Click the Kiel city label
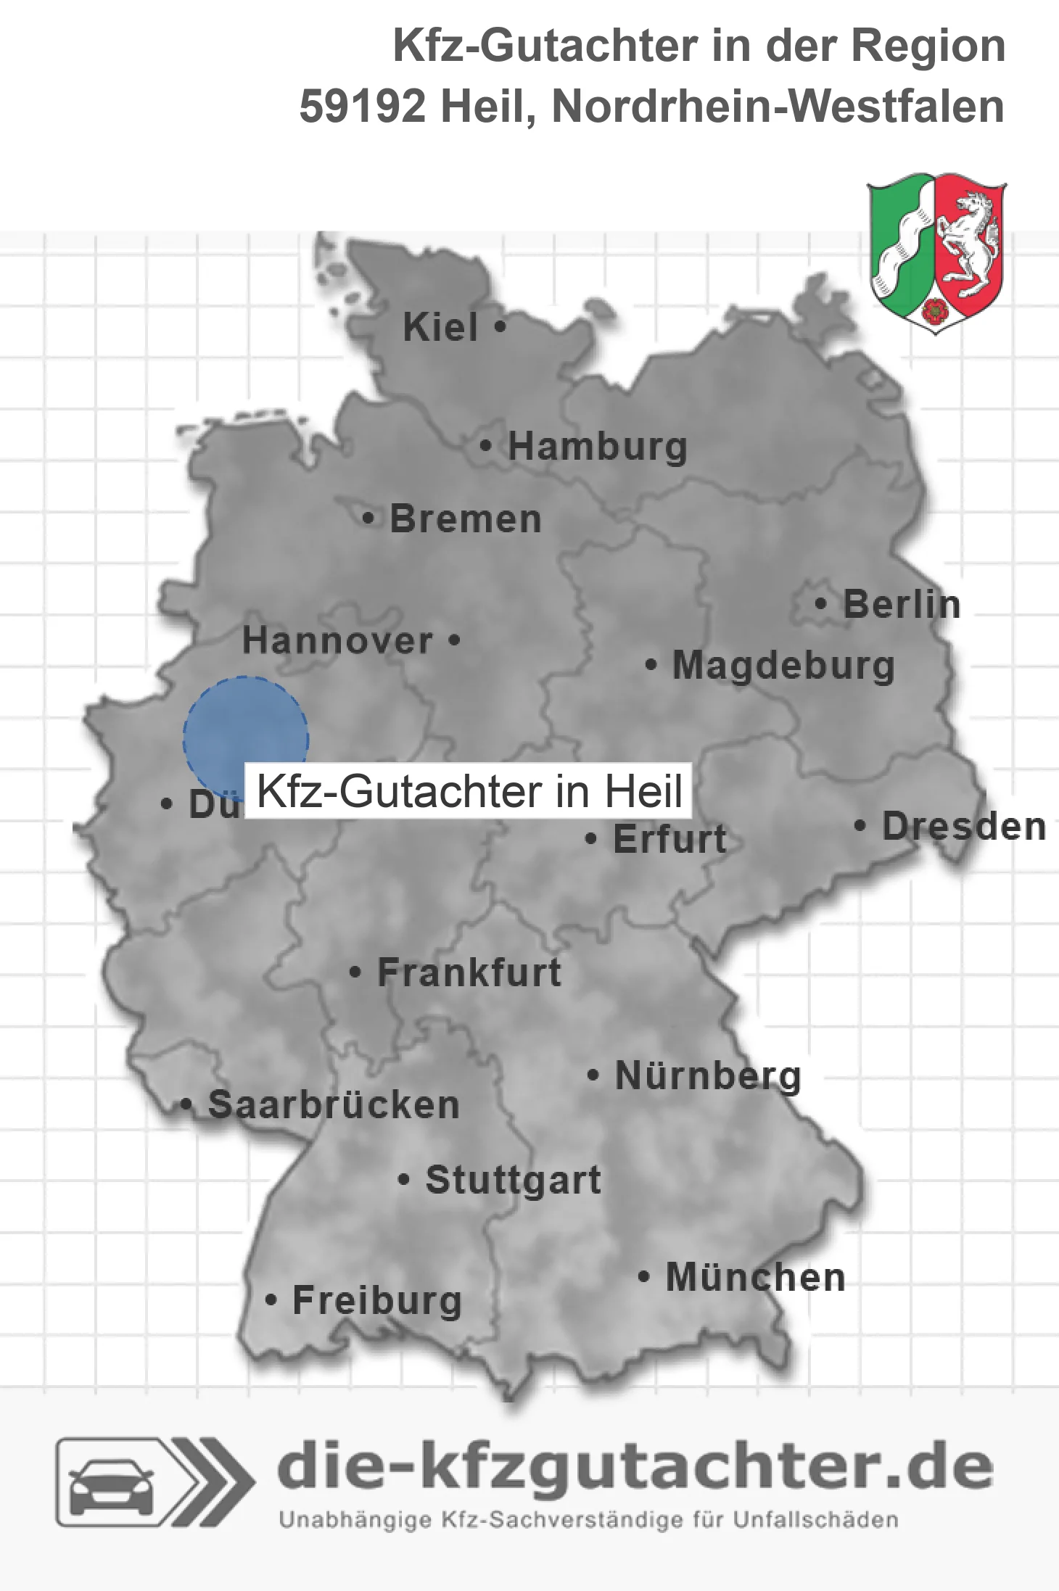click(440, 327)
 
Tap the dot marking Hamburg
click(485, 445)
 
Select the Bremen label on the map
click(465, 519)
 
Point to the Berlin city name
click(902, 604)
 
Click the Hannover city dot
click(454, 640)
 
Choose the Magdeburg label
click(783, 665)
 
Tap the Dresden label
click(964, 826)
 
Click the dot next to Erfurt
click(591, 839)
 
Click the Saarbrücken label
click(334, 1104)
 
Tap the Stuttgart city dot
click(404, 1179)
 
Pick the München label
click(756, 1277)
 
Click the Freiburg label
click(377, 1300)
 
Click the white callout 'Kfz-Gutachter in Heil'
click(469, 790)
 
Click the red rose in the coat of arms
click(935, 310)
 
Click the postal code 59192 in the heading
click(362, 107)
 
